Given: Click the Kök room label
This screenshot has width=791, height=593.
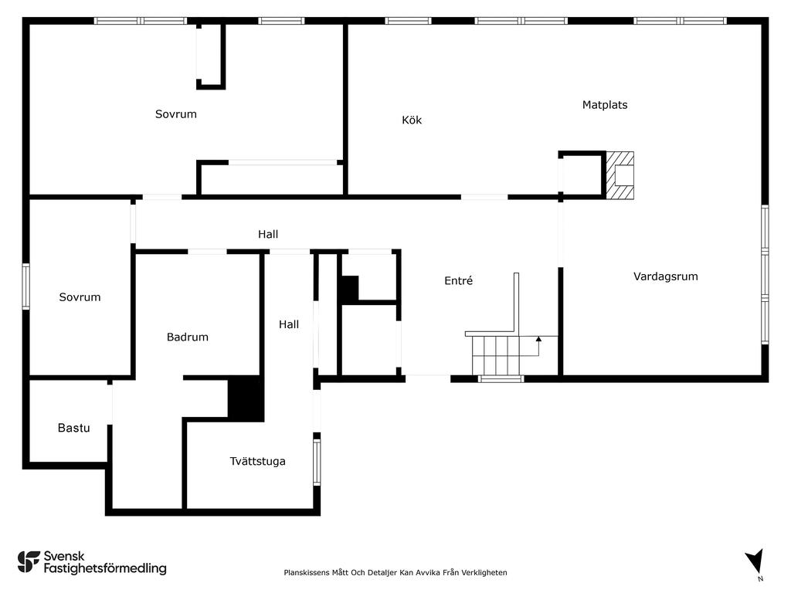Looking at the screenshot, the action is (x=412, y=120).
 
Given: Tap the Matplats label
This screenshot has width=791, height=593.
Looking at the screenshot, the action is (x=605, y=105).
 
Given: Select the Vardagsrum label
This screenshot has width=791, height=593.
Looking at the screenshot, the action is (x=665, y=276).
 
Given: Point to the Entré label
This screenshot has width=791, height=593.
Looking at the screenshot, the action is (x=459, y=280).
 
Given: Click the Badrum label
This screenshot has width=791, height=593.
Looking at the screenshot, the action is (x=188, y=337).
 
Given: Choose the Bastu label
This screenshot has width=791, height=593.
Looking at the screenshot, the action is (x=73, y=428).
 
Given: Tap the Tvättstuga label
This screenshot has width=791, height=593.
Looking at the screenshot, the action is (x=257, y=462).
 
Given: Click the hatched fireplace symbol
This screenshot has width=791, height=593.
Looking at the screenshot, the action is (x=620, y=175).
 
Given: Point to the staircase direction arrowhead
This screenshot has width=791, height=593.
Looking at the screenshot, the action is (x=538, y=340).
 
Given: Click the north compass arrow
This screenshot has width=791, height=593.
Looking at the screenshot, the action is (x=755, y=561).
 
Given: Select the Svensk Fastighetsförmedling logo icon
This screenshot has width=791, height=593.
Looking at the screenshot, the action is (x=29, y=562).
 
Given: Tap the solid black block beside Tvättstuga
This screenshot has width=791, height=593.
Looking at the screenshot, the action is (x=246, y=398).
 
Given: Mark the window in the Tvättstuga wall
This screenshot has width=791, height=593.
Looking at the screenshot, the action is (x=317, y=462).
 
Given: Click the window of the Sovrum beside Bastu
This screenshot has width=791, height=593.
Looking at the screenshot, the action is (x=25, y=286).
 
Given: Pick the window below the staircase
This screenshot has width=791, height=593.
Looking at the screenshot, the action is (x=501, y=378).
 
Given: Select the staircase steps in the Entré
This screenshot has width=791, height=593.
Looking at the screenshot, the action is (x=497, y=355).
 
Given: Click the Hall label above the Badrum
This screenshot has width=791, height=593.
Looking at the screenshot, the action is (x=268, y=234).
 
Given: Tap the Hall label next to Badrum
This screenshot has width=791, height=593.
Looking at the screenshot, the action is (x=289, y=324).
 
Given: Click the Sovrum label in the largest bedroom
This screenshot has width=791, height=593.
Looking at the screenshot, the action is (x=176, y=114).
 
